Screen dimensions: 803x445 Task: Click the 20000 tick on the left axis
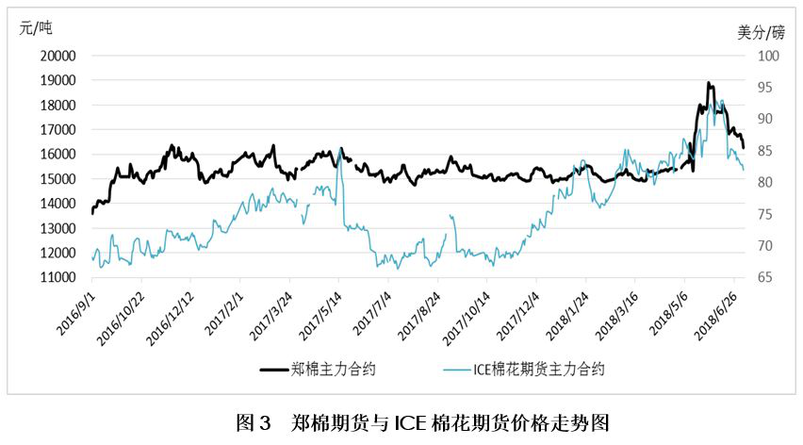(x=57, y=56)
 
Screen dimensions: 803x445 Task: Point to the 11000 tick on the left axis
(x=57, y=277)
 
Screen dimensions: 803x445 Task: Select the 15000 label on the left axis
(x=57, y=179)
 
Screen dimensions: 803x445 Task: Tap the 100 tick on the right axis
(x=768, y=56)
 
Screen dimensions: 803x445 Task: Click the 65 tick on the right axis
(x=764, y=277)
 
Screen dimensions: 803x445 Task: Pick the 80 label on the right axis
(x=764, y=182)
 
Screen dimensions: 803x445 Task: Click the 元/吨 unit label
(x=36, y=27)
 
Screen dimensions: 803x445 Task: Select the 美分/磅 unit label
(x=761, y=33)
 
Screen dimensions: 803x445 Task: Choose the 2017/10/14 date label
(x=466, y=319)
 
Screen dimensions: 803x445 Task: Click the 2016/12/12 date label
(x=170, y=319)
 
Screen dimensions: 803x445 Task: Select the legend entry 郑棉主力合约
(x=318, y=370)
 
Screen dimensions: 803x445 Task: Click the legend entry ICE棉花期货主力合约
(x=524, y=370)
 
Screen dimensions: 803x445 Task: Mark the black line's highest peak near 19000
(x=709, y=82)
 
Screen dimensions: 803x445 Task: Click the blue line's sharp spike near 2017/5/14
(x=340, y=150)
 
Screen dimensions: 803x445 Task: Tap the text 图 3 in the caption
(x=253, y=423)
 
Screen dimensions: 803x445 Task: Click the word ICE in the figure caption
(x=410, y=423)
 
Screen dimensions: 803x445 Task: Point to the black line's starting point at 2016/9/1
(x=92, y=213)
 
